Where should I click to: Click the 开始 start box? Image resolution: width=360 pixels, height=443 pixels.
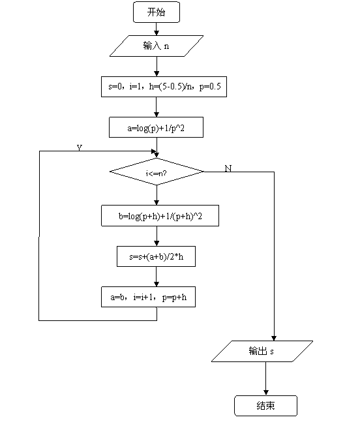point(157,12)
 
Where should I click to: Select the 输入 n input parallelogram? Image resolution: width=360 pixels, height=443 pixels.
point(157,46)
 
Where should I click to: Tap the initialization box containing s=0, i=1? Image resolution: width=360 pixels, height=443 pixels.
point(164,87)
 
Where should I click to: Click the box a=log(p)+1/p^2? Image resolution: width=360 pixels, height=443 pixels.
point(156,127)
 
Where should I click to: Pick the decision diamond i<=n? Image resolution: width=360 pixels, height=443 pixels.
point(157,172)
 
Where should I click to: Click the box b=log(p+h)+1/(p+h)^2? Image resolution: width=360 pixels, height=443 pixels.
point(160,215)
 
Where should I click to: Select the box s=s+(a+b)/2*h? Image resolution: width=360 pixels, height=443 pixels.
point(156,256)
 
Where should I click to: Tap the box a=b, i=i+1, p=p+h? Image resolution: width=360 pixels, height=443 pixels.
point(148,297)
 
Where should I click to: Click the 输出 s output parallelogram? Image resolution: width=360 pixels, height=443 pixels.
point(262,351)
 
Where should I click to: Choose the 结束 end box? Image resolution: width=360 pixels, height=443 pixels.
point(265,406)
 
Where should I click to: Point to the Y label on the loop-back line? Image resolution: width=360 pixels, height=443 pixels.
point(80,147)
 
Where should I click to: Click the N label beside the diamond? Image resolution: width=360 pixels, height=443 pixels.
point(228,168)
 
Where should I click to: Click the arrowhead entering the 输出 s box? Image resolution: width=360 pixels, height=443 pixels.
point(274,338)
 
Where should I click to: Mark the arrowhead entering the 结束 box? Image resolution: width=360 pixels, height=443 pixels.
point(265,393)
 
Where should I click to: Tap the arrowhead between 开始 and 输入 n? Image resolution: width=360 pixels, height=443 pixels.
point(157,33)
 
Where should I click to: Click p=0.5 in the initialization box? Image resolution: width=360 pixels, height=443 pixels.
point(210,87)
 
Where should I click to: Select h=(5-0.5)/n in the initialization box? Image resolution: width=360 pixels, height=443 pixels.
point(171,87)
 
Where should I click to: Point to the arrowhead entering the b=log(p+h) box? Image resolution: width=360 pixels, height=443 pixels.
point(157,202)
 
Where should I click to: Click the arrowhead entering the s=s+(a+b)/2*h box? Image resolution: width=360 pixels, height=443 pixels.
point(157,243)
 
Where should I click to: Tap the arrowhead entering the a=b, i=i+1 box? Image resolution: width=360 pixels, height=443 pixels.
point(157,284)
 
